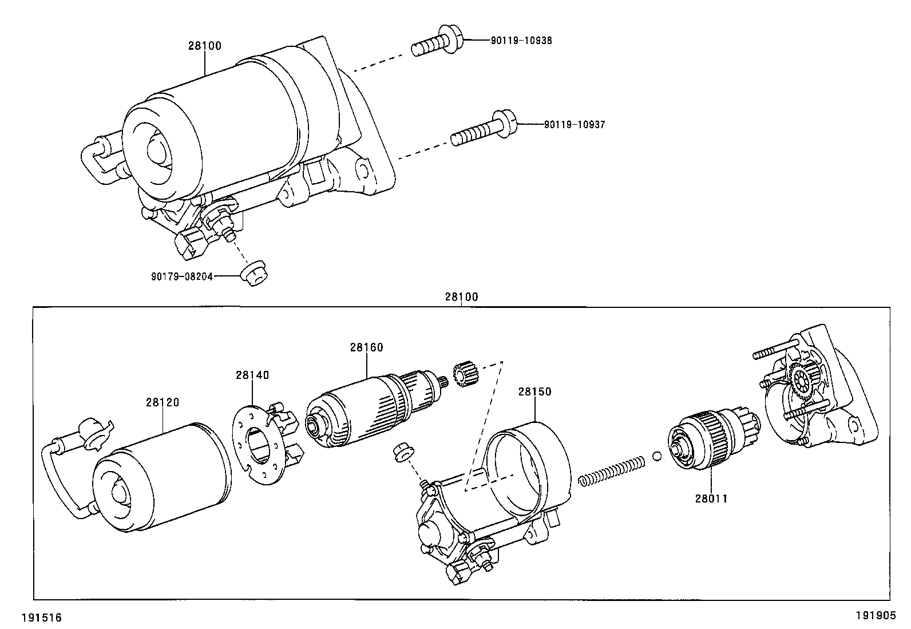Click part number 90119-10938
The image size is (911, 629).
click(x=521, y=41)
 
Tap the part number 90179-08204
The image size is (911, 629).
click(x=182, y=276)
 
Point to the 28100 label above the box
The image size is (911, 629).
click(x=461, y=297)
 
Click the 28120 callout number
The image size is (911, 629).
click(x=162, y=402)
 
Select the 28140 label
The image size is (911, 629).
click(x=252, y=375)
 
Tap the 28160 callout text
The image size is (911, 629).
click(x=367, y=347)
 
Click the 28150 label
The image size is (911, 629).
click(x=534, y=391)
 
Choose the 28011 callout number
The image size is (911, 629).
click(x=711, y=499)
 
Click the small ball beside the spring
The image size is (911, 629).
click(x=657, y=456)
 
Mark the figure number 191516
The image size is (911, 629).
click(x=41, y=618)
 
